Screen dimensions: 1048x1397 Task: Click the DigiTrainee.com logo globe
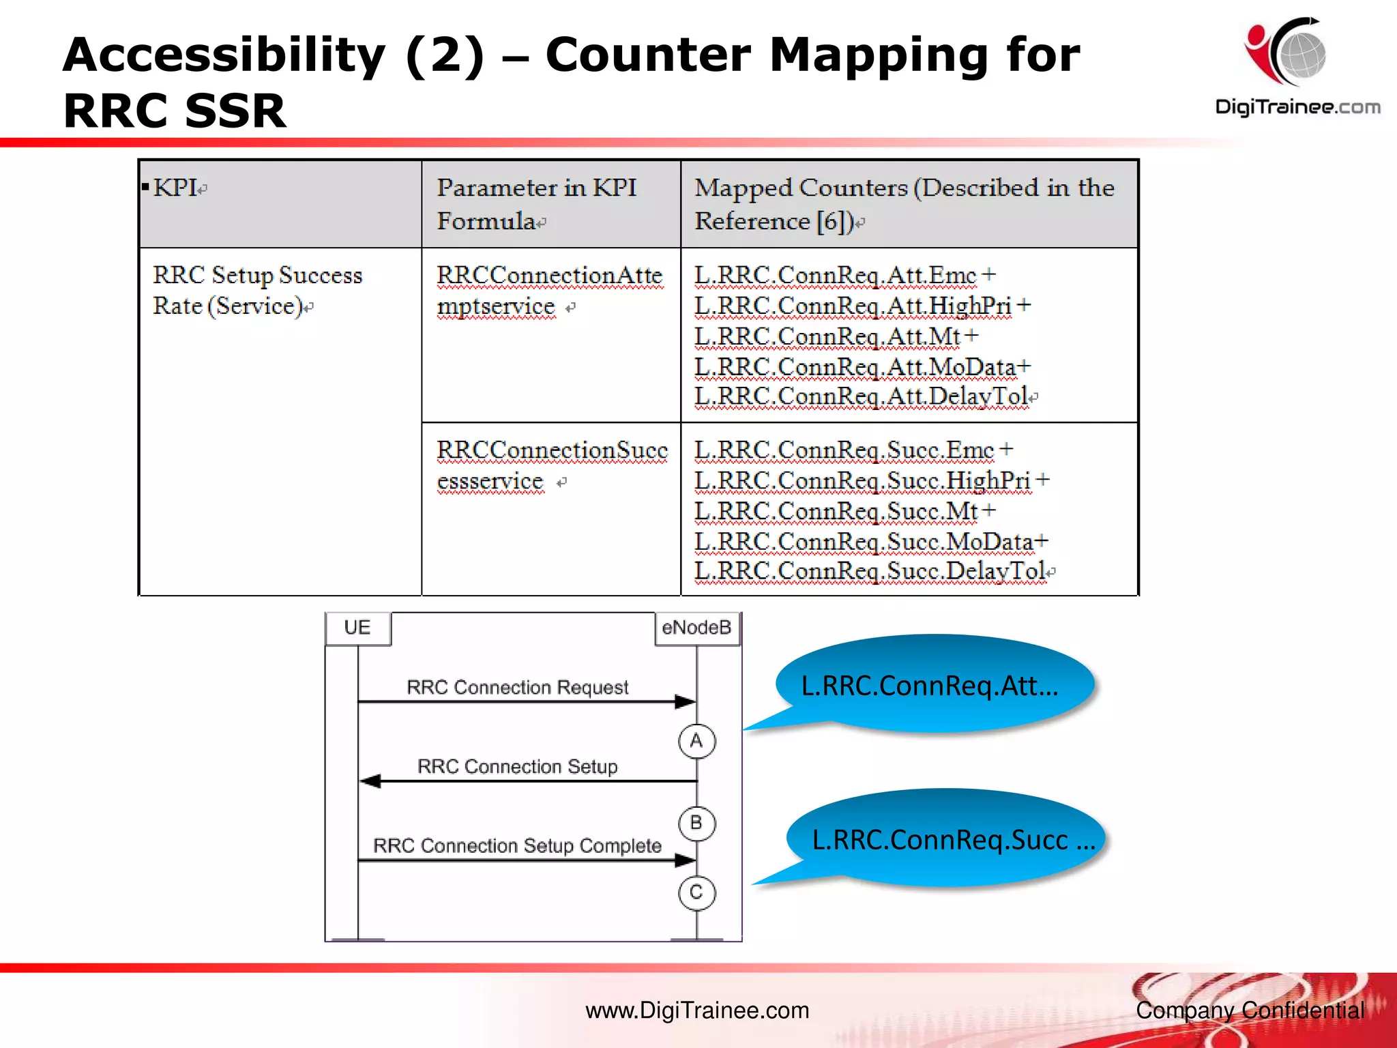pos(1300,55)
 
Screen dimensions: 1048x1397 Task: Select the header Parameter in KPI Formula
pos(537,203)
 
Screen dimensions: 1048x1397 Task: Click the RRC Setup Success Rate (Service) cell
pos(258,291)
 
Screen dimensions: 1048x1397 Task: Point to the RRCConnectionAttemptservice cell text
pos(549,291)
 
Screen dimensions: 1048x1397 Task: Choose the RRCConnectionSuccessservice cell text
pos(551,465)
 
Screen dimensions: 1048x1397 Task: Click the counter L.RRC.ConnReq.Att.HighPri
pos(853,306)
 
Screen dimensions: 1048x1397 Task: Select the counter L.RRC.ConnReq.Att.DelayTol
pos(861,396)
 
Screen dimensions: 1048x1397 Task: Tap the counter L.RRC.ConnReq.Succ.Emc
pos(844,450)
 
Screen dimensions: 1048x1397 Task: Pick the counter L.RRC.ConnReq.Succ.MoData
pos(864,542)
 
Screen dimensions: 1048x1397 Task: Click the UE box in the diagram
pos(357,628)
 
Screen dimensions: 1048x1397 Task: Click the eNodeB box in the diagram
pos(696,628)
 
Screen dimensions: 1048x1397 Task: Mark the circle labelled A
pos(696,741)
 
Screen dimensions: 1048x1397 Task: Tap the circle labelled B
pos(696,823)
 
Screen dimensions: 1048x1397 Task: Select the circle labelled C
pos(696,892)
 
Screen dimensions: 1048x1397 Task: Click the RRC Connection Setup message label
pos(517,767)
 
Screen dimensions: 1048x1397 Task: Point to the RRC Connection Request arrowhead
pos(685,701)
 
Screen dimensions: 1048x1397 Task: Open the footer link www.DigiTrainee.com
pos(697,1010)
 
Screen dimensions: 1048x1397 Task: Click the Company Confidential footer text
pos(1250,1010)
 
